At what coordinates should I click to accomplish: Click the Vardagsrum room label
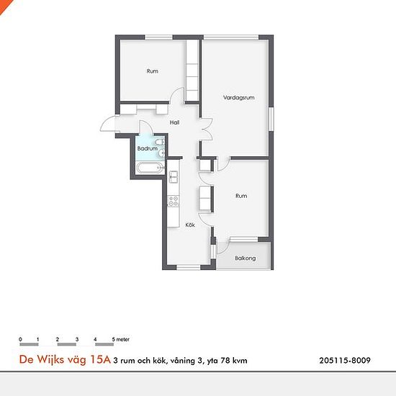[x=238, y=98]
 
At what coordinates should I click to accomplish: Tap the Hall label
[x=174, y=122]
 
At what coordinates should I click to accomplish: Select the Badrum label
[x=147, y=148]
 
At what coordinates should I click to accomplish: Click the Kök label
[x=190, y=225]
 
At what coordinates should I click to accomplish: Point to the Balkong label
[x=246, y=258]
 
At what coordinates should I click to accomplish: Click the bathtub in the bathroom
[x=150, y=168]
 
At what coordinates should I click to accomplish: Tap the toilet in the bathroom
[x=160, y=142]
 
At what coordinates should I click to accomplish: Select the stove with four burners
[x=174, y=202]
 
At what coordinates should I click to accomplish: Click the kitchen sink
[x=174, y=176]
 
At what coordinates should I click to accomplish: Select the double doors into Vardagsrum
[x=207, y=130]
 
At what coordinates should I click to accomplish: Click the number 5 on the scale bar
[x=113, y=339]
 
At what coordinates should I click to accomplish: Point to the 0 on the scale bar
[x=20, y=339]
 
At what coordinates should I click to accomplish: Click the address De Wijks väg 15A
[x=65, y=359]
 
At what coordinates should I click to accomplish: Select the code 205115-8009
[x=345, y=360]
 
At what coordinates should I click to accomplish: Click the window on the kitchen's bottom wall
[x=189, y=267]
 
